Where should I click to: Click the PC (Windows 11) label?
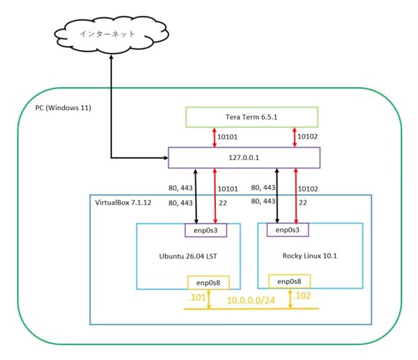(63, 108)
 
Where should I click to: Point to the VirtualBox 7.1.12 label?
(123, 203)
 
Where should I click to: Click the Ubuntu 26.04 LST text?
(188, 256)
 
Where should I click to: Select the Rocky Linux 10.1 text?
(310, 256)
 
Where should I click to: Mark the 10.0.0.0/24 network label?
(251, 301)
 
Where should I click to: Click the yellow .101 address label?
(196, 297)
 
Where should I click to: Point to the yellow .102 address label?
(302, 296)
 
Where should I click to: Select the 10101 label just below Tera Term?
(227, 137)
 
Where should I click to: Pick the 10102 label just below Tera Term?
(308, 136)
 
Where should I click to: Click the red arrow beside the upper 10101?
(215, 137)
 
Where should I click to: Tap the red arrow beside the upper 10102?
(295, 137)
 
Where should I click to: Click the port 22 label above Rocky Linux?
(303, 203)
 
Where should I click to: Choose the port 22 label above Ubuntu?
(223, 203)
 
